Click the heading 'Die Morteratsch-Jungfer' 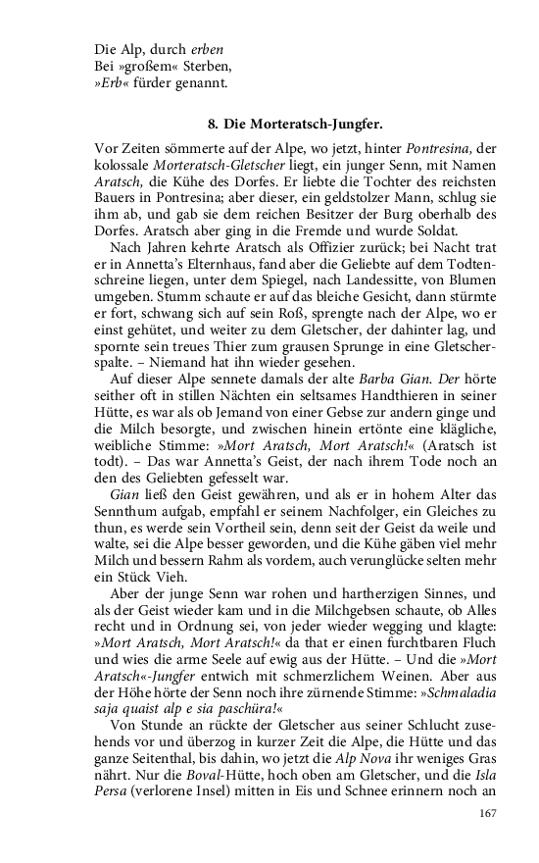(311, 125)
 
